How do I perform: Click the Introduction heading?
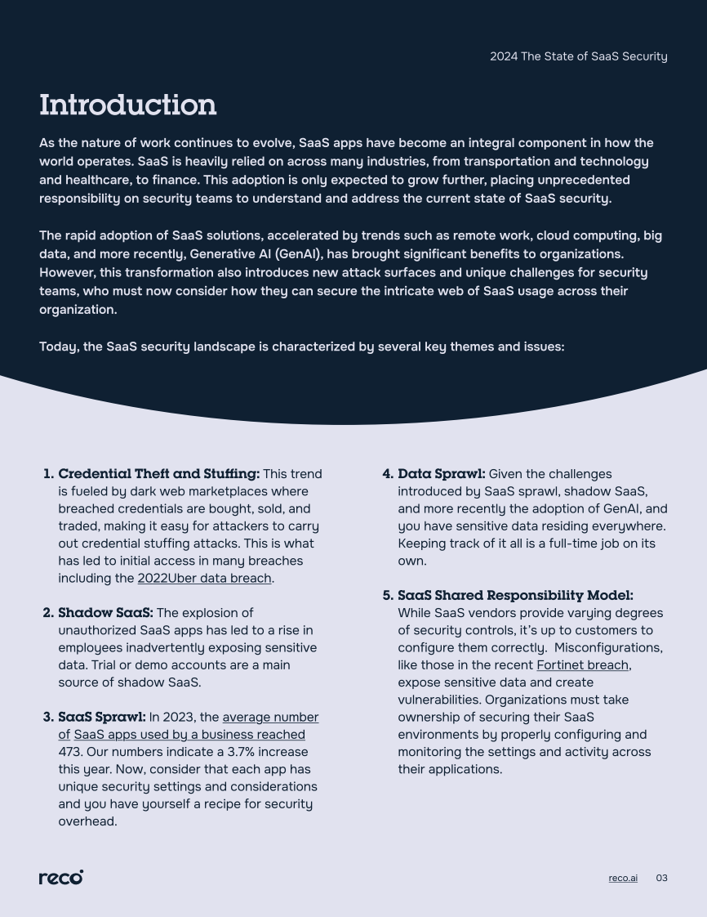click(128, 105)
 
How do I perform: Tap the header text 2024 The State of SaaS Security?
click(578, 56)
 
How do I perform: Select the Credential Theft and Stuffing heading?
click(158, 474)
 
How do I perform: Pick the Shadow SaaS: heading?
click(105, 613)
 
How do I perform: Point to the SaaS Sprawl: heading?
click(102, 718)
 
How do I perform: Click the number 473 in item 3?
click(71, 752)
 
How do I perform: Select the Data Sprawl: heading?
click(441, 474)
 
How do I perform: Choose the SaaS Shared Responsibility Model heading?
click(515, 596)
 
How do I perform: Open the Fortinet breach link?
click(582, 665)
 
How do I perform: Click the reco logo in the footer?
click(61, 877)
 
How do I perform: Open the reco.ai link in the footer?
click(623, 879)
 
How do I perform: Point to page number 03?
click(661, 879)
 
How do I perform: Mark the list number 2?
click(47, 613)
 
